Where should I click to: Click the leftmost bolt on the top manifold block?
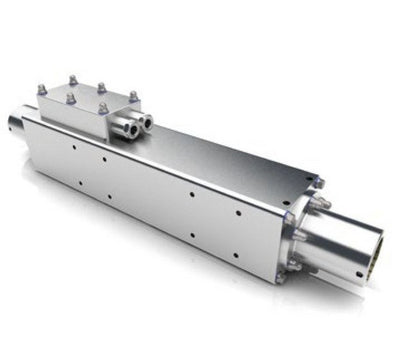point(42,90)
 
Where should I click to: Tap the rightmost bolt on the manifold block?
point(133,96)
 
